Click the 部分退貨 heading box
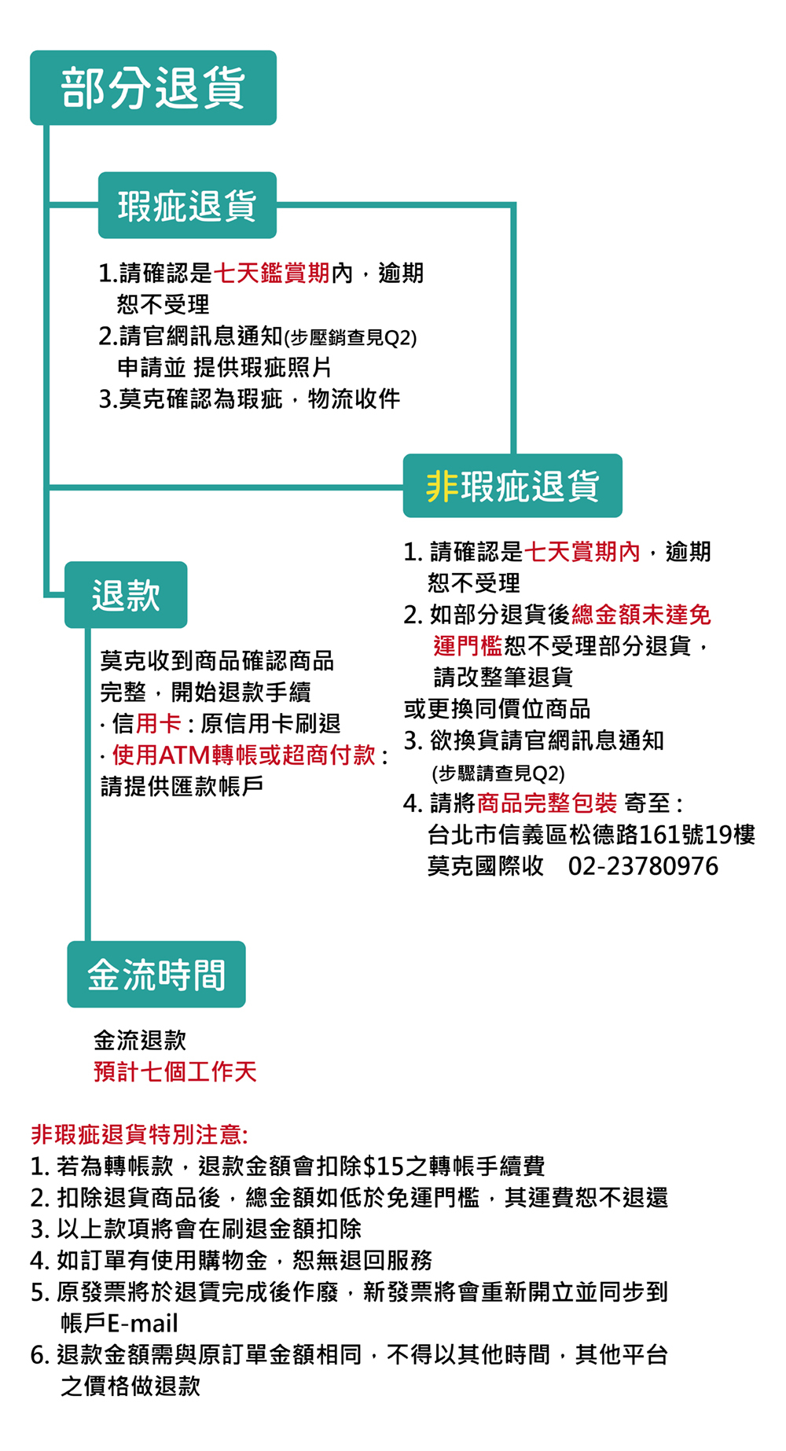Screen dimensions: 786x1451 (153, 88)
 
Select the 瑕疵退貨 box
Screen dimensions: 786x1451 (187, 206)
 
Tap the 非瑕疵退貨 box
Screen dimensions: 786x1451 (512, 486)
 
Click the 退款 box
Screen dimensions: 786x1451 (126, 595)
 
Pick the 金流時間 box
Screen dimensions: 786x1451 (156, 975)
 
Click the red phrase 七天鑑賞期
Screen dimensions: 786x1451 (272, 274)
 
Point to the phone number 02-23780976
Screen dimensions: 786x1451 (643, 866)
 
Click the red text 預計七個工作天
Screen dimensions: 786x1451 (175, 1071)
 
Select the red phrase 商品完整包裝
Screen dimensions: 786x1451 (547, 803)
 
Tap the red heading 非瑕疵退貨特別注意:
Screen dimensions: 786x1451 (140, 1134)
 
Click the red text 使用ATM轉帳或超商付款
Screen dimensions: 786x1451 (244, 755)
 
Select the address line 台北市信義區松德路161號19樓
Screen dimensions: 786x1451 (591, 835)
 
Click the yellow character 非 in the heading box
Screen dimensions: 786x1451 (442, 486)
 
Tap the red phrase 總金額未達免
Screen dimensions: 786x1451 (641, 615)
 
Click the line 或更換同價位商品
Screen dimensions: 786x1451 (497, 709)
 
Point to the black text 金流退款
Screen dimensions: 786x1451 (140, 1040)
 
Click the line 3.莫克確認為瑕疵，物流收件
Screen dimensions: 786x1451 (250, 399)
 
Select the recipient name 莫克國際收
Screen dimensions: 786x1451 (486, 866)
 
